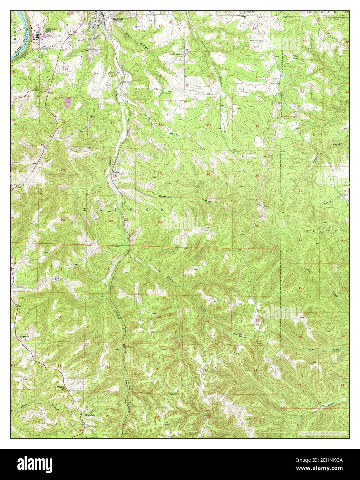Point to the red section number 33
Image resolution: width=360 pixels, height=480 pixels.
tap(111, 221)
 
